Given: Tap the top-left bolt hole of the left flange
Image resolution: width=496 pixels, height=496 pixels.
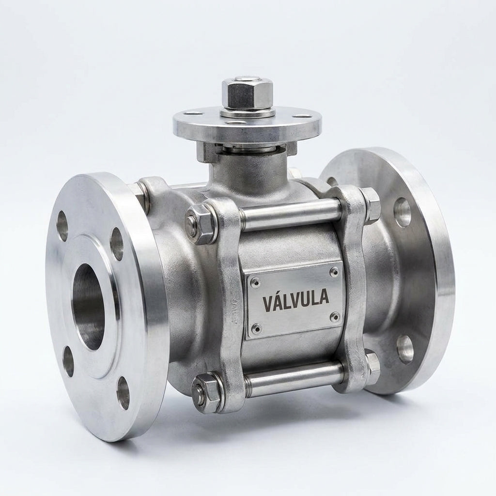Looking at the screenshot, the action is click(x=62, y=226).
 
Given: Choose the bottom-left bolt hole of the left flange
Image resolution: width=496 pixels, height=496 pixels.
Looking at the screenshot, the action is click(x=68, y=361).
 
